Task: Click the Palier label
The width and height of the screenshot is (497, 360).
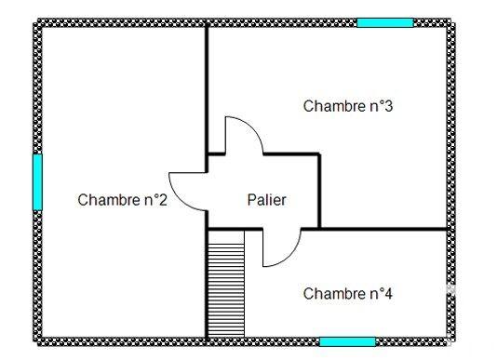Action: point(266,199)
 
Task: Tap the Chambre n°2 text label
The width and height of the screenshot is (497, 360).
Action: point(122,199)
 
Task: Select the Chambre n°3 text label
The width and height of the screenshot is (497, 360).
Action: point(347,106)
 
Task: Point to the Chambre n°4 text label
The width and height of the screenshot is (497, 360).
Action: point(347,294)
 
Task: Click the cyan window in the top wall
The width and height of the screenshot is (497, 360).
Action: point(384,22)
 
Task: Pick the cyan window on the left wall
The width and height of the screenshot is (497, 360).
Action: point(37,182)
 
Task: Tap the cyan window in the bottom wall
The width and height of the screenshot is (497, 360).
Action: point(347,341)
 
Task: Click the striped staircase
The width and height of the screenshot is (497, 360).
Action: point(226,283)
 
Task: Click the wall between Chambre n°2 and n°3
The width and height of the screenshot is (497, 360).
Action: point(207,88)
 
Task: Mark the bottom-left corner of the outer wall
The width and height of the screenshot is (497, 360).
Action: point(38,340)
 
